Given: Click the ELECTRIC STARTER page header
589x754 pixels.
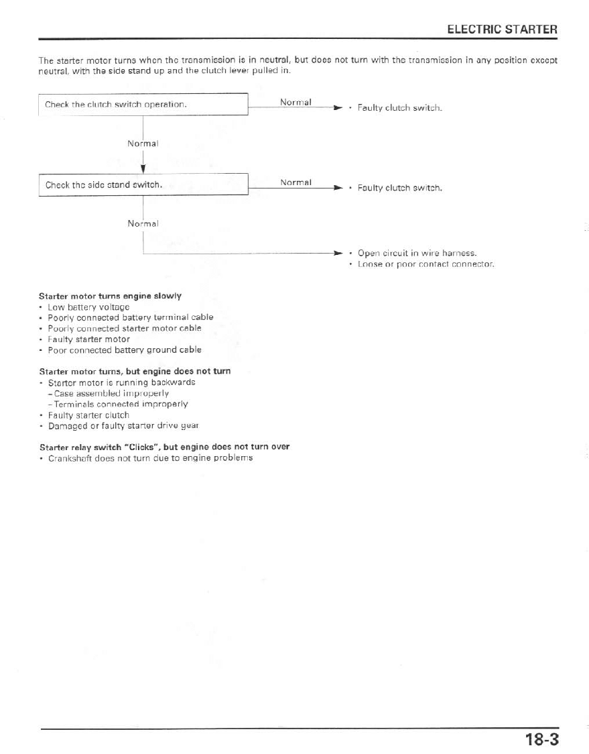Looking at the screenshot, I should coord(502,30).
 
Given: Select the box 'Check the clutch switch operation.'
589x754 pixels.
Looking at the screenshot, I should coord(143,105).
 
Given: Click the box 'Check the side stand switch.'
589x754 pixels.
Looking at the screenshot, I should coord(143,184).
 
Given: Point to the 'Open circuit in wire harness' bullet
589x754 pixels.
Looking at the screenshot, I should coord(417,253).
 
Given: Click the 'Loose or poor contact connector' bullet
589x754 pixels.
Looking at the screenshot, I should coord(426,264).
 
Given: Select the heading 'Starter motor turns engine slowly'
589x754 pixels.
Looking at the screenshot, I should coord(110,295).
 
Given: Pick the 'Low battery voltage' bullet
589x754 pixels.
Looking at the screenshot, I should coord(88,307).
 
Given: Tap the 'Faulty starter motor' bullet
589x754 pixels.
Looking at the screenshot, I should coord(88,339).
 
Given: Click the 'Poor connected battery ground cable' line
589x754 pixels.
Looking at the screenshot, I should coord(124,349).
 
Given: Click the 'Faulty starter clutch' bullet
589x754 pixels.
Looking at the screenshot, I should coord(88,415).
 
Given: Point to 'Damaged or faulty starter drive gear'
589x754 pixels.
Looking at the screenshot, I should coord(123,426).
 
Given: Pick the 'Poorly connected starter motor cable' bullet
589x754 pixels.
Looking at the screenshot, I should coord(124,328).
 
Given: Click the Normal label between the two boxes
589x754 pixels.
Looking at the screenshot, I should coord(143,144).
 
